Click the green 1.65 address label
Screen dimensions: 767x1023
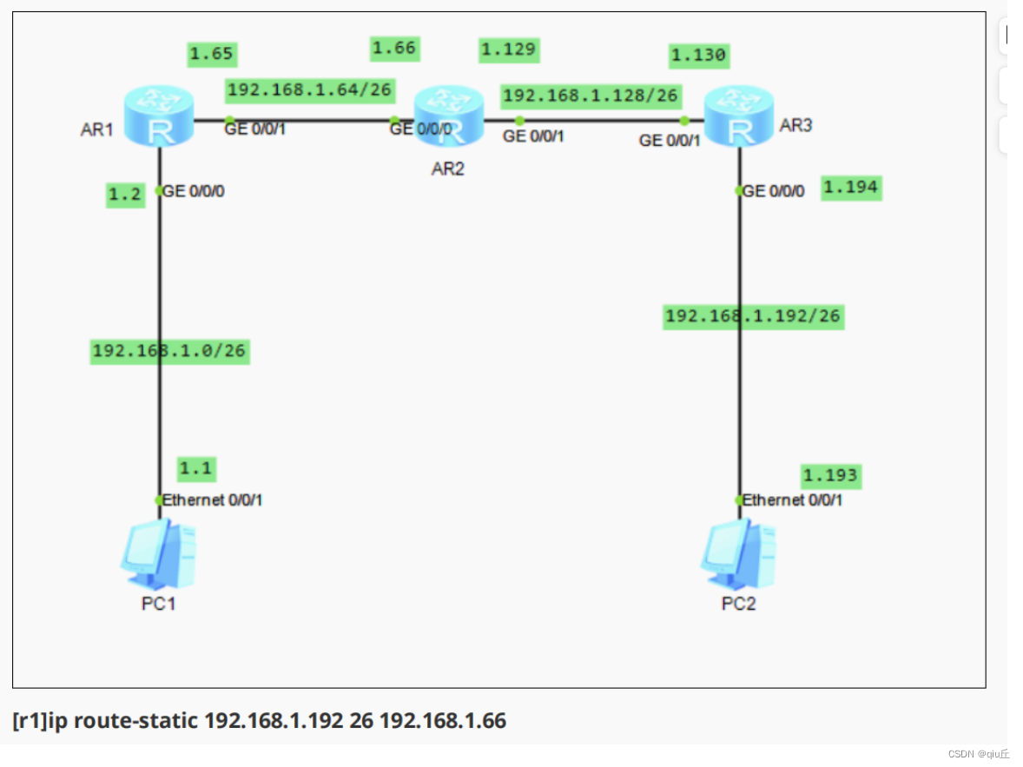click(212, 54)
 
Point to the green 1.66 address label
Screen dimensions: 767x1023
click(394, 49)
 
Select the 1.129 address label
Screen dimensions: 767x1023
click(509, 50)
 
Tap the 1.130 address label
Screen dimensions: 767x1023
click(699, 56)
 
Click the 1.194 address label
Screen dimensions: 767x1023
click(851, 187)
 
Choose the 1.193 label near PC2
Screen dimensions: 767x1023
click(830, 475)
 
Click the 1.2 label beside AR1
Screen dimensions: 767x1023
click(125, 195)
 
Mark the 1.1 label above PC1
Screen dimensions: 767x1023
click(195, 468)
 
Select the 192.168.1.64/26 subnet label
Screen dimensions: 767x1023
click(309, 89)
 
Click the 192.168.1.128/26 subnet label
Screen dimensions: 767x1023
click(591, 95)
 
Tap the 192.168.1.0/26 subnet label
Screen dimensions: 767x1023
click(170, 351)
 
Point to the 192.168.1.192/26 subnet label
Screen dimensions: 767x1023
click(752, 316)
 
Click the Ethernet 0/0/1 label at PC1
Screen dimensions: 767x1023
click(213, 500)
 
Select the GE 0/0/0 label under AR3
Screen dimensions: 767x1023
click(774, 191)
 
